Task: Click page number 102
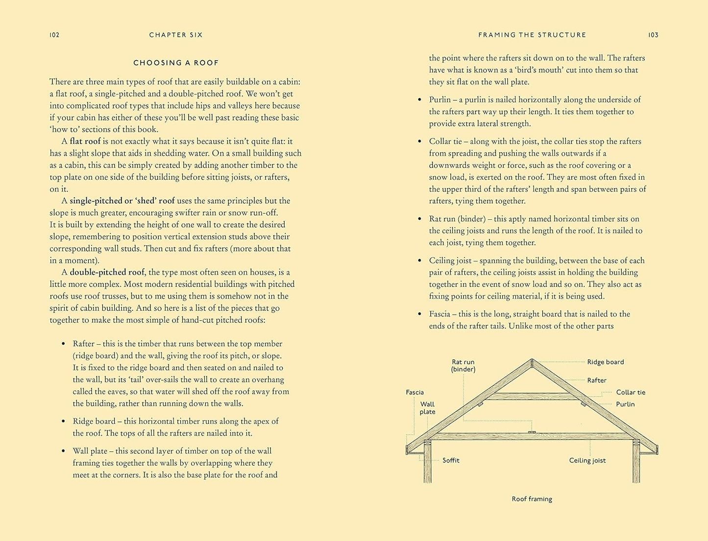(54, 35)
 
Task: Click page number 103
(653, 35)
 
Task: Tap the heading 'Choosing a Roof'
(176, 63)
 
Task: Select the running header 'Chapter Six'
(176, 35)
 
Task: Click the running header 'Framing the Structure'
(532, 35)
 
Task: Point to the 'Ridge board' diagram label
(606, 362)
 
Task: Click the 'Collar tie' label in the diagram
(631, 392)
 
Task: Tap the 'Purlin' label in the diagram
(625, 404)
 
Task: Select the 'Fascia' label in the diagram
(415, 392)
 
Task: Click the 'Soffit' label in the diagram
(451, 460)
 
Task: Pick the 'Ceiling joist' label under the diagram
(587, 460)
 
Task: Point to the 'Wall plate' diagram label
(427, 408)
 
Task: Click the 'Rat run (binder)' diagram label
(463, 366)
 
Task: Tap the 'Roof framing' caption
(532, 499)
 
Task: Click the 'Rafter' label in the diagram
(597, 380)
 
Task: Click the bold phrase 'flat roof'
(85, 141)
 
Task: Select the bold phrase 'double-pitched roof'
(107, 272)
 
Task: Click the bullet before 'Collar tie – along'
(419, 141)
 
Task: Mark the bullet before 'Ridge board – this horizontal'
(63, 422)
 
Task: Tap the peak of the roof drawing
(532, 361)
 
